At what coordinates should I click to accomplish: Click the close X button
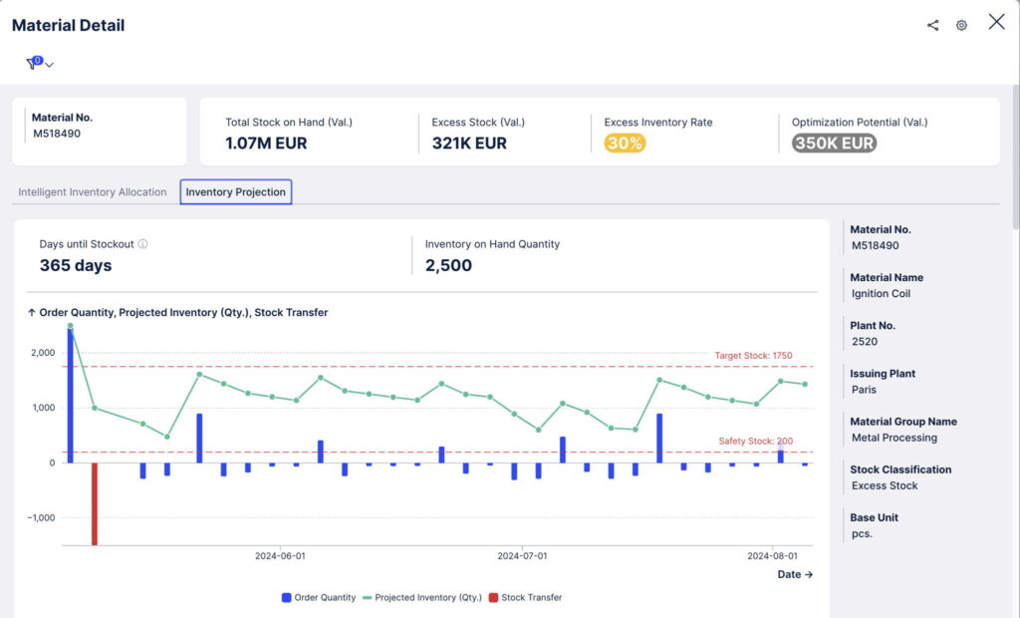[996, 22]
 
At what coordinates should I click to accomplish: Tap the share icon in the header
[932, 25]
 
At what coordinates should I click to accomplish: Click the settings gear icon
[961, 25]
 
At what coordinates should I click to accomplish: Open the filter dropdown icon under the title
[39, 64]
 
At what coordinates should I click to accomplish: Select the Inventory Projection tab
[235, 192]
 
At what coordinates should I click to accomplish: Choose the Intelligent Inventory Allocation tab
[93, 192]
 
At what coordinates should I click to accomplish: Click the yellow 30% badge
[625, 144]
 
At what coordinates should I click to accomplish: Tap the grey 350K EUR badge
[834, 144]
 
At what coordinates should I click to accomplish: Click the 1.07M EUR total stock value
[266, 144]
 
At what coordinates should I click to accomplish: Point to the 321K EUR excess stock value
[469, 144]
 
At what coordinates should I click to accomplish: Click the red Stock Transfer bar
[95, 503]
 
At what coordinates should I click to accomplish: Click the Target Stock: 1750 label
[753, 356]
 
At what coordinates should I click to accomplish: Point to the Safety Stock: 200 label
[756, 442]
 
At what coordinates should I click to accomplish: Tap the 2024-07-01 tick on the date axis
[522, 556]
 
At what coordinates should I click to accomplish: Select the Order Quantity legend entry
[319, 598]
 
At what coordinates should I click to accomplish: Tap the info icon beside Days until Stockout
[142, 244]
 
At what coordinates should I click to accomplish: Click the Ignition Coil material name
[881, 294]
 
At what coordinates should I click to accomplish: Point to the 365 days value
[76, 266]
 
